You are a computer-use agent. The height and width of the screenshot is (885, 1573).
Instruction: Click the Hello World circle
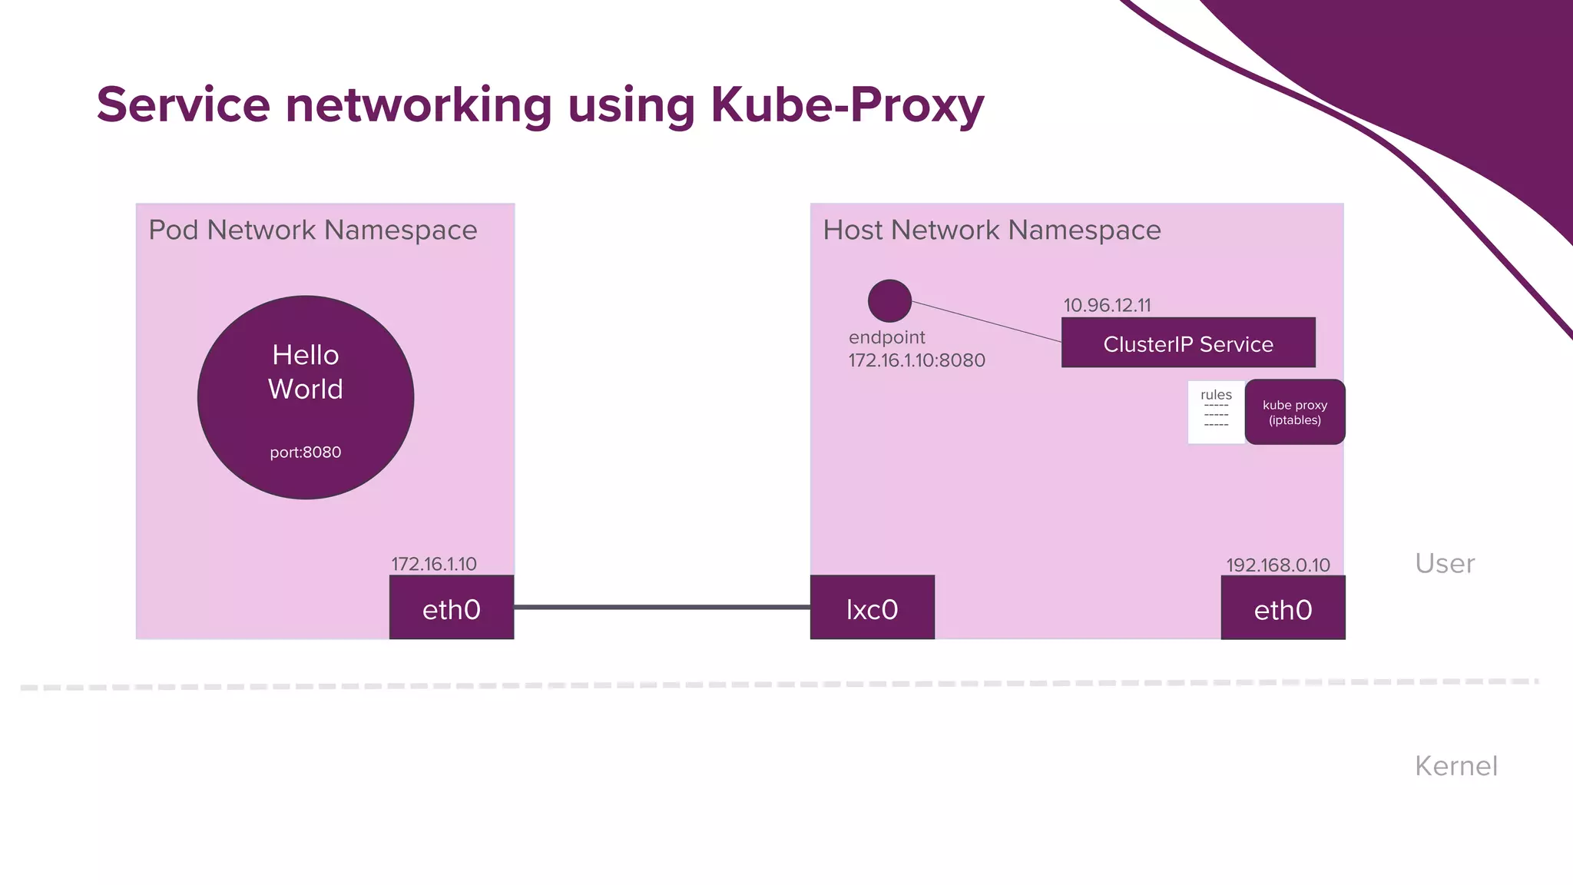(306, 397)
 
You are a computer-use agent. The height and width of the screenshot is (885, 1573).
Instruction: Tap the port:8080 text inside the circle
(306, 452)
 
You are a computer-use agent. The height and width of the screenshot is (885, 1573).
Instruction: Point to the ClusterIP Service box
(1188, 343)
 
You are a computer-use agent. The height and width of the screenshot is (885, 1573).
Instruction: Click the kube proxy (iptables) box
(1295, 413)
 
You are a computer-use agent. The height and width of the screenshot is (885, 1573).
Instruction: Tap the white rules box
(1216, 413)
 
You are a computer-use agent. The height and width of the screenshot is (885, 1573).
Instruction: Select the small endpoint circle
(889, 300)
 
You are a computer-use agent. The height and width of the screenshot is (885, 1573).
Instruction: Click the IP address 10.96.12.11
(1107, 305)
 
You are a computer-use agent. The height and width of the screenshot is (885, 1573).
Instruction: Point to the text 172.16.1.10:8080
(916, 360)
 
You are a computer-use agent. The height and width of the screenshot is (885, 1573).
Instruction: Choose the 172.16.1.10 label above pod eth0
(434, 564)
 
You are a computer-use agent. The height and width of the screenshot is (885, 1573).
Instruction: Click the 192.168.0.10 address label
(1278, 565)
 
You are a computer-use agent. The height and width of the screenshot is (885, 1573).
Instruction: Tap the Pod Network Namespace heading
(313, 230)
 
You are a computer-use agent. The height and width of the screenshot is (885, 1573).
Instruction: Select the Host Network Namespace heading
(992, 230)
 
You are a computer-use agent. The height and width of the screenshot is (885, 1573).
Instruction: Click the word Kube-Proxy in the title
(847, 104)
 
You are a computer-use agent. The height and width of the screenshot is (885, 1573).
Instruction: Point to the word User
(1445, 564)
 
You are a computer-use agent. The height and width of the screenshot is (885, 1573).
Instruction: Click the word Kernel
(1456, 766)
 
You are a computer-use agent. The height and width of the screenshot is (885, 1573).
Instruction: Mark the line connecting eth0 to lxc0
(662, 607)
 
